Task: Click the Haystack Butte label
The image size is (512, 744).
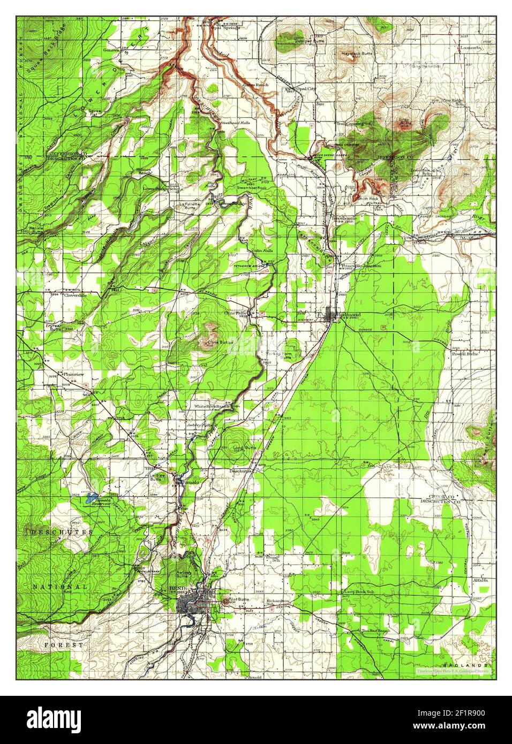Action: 357,54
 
